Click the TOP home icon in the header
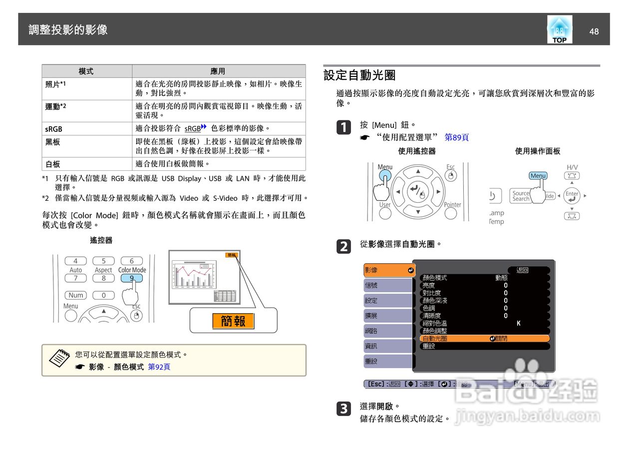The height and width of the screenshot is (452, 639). (x=559, y=29)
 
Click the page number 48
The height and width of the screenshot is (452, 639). (x=594, y=31)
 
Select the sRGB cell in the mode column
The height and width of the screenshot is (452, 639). (x=54, y=129)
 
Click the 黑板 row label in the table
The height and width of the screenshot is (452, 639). (x=53, y=142)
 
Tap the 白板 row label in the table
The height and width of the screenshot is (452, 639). (x=53, y=164)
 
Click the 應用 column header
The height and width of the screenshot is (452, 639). (x=218, y=71)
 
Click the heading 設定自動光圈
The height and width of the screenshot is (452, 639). (x=359, y=75)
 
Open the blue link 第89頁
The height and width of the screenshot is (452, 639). (x=456, y=137)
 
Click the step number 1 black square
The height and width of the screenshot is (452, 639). (x=343, y=128)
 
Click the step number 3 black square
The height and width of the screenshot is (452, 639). (x=343, y=409)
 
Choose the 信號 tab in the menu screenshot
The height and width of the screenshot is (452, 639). (x=387, y=285)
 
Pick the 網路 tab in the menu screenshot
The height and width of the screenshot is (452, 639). (x=387, y=331)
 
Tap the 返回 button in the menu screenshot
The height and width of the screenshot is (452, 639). (x=522, y=270)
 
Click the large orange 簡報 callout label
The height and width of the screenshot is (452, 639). (x=233, y=321)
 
